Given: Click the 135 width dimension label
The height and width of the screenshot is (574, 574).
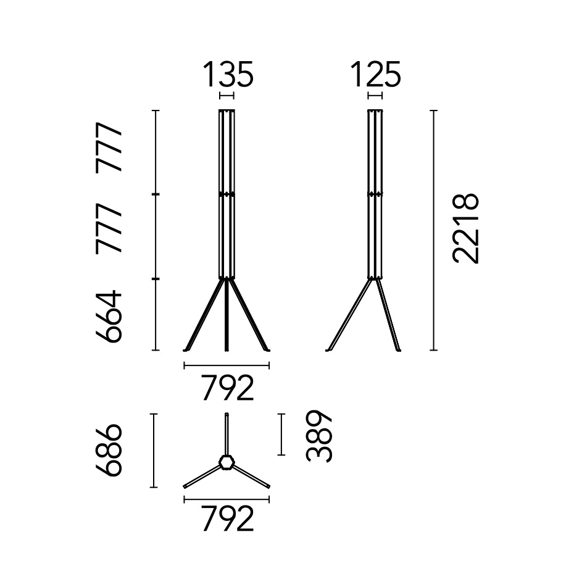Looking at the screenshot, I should pos(228,75).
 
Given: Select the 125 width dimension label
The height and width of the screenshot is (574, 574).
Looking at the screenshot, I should pos(375,75).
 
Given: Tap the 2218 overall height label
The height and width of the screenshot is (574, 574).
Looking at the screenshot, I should pos(466,229).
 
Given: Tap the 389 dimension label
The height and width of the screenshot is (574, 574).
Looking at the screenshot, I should pos(320,436).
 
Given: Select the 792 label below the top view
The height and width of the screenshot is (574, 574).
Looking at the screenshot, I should pos(227,520).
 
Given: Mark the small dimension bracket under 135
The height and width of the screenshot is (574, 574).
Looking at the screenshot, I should pos(227,96).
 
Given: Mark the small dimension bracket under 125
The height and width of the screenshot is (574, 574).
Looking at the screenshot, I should pos(375,96).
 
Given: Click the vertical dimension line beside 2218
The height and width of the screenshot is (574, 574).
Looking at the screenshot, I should pos(434,230).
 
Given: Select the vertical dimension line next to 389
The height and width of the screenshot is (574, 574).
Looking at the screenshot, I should pos(281,435).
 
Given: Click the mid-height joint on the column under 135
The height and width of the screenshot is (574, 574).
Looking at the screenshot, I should pos(227,194).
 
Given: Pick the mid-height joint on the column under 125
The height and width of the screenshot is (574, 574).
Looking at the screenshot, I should pos(375,194).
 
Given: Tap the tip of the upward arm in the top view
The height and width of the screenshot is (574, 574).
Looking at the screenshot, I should pos(227,415).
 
